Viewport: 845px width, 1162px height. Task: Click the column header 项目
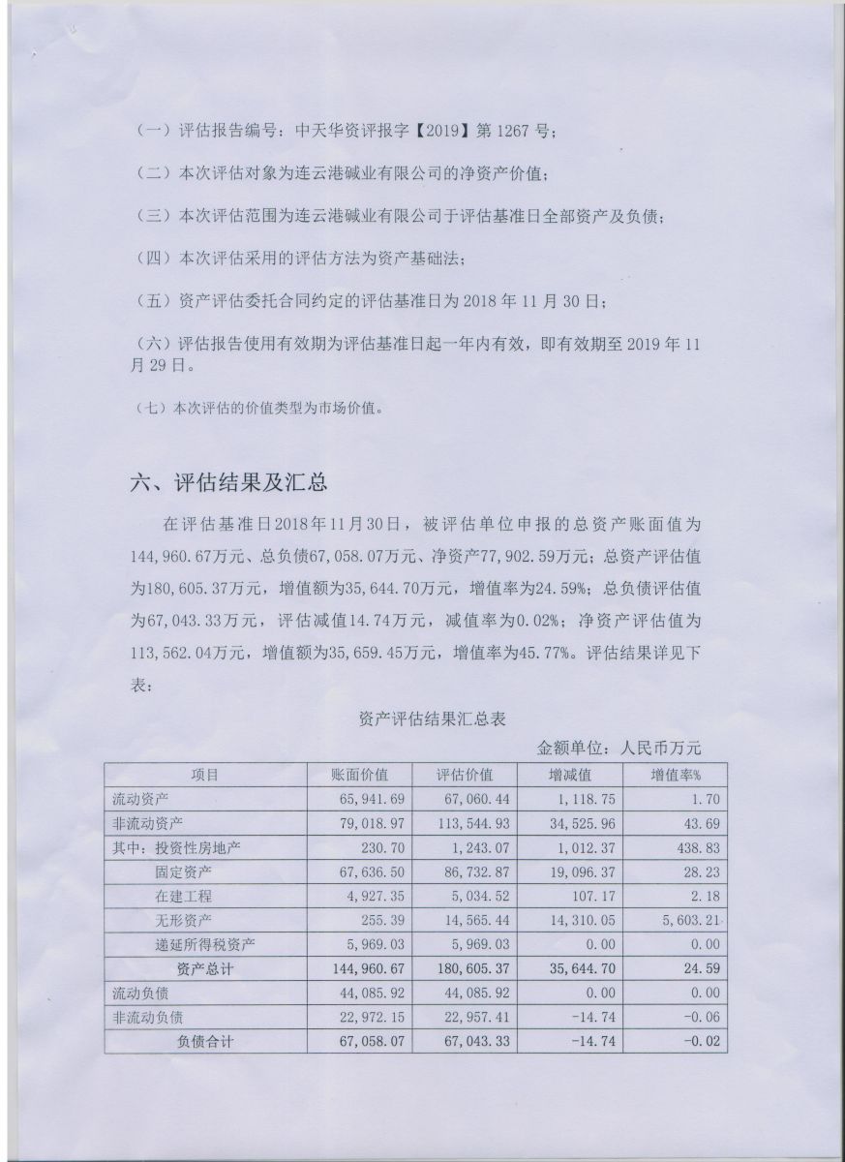click(204, 775)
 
